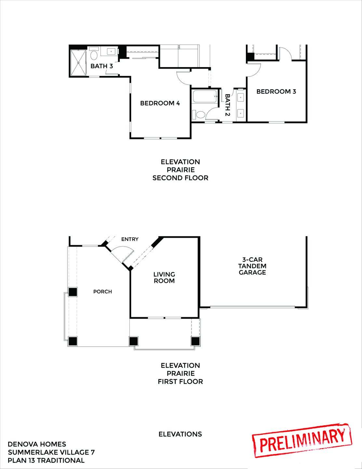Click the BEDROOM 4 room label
click(x=160, y=103)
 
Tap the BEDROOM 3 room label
click(x=276, y=92)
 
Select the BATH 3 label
click(x=101, y=66)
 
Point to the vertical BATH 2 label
click(x=228, y=105)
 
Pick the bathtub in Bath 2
click(x=205, y=97)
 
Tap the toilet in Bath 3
click(x=94, y=54)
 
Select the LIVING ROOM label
click(x=164, y=277)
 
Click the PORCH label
click(x=102, y=291)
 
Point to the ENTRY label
click(x=130, y=239)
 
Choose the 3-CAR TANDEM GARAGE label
click(x=252, y=266)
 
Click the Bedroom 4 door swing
click(x=183, y=77)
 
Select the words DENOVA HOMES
click(x=37, y=444)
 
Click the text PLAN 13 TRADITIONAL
click(x=46, y=460)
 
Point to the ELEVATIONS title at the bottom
click(x=180, y=434)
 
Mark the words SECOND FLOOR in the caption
click(x=180, y=178)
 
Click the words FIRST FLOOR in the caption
click(x=180, y=381)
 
